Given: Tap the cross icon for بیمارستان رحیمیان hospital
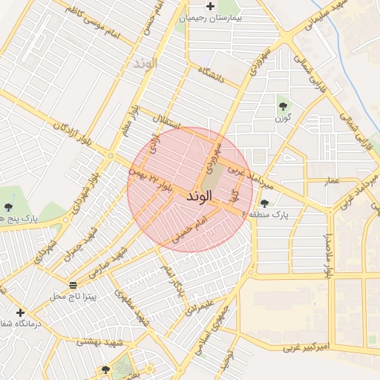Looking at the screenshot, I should coord(211,6).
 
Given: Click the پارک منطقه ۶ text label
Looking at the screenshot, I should coord(295,214).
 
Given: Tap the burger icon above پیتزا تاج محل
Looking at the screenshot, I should coord(72,285).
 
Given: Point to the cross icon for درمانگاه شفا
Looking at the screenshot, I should coord(20,312).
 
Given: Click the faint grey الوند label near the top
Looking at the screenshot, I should coord(145,63).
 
